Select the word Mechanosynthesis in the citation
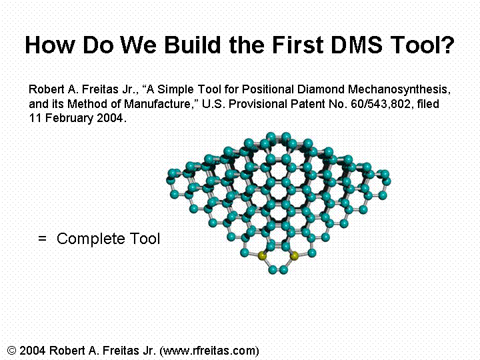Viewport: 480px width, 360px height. (x=399, y=89)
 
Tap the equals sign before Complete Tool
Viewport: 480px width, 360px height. (x=42, y=238)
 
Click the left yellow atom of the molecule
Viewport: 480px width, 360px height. (x=262, y=256)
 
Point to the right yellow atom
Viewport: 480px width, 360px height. (x=294, y=256)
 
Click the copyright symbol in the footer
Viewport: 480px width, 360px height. (x=11, y=350)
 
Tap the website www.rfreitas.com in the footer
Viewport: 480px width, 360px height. (x=209, y=351)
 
